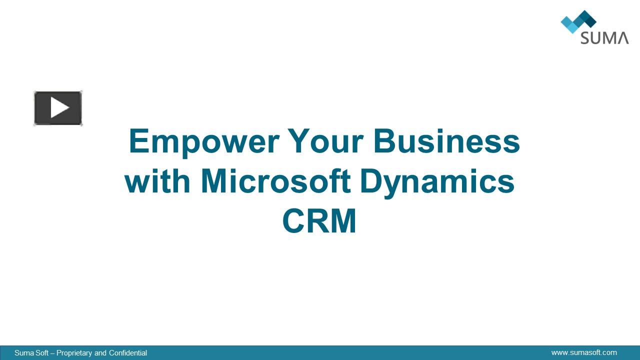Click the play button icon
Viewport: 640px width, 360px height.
58,108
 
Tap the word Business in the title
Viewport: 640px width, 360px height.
446,141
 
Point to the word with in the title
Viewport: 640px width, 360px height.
157,181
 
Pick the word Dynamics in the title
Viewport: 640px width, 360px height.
436,182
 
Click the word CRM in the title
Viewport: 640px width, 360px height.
319,221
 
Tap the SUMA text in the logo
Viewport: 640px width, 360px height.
604,37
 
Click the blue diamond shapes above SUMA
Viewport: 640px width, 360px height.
578,21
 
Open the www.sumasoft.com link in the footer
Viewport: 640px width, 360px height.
584,352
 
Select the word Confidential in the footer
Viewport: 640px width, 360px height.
128,353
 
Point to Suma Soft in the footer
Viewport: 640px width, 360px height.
31,353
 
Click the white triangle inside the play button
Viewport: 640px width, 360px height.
59,108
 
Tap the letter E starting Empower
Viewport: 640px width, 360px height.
139,141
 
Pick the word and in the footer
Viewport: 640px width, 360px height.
100,353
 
